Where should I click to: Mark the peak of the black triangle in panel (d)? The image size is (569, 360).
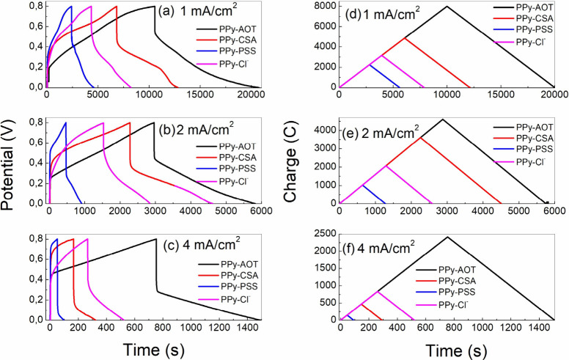point(447,7)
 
